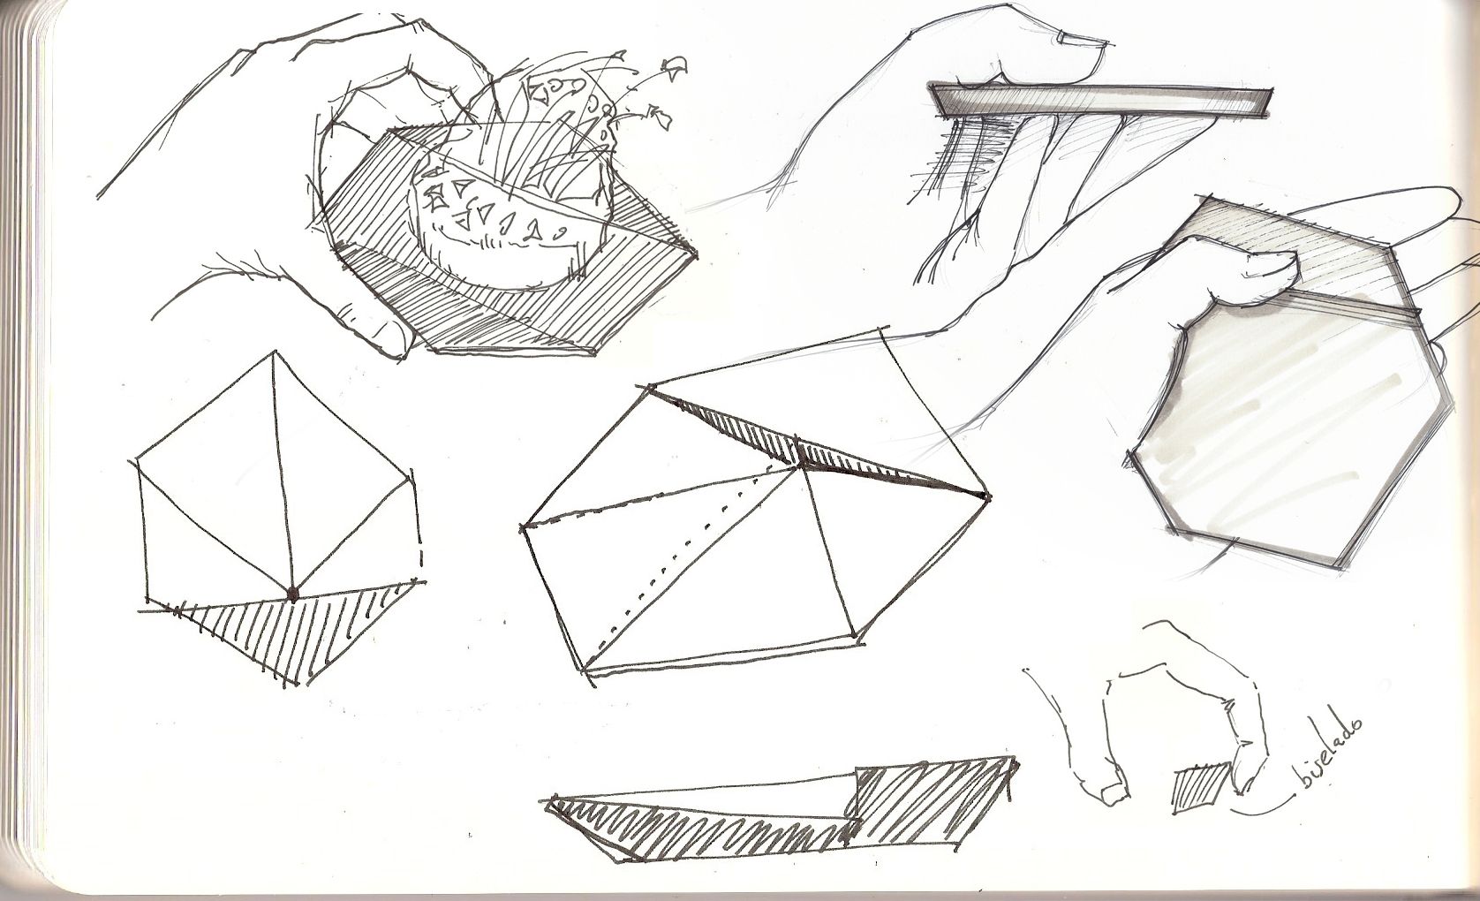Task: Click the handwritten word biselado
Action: (1328, 749)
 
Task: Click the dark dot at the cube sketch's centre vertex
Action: (291, 595)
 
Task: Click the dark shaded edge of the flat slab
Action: (1101, 102)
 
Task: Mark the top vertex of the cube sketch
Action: (275, 352)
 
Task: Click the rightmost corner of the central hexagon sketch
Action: (988, 496)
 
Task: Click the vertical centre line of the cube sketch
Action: (283, 473)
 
